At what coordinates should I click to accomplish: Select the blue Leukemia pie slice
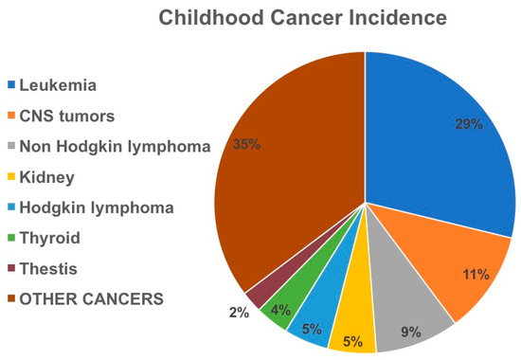[436, 142]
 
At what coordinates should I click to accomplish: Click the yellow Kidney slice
[350, 327]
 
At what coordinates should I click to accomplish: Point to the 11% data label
[476, 275]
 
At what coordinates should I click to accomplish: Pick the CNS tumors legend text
[67, 117]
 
